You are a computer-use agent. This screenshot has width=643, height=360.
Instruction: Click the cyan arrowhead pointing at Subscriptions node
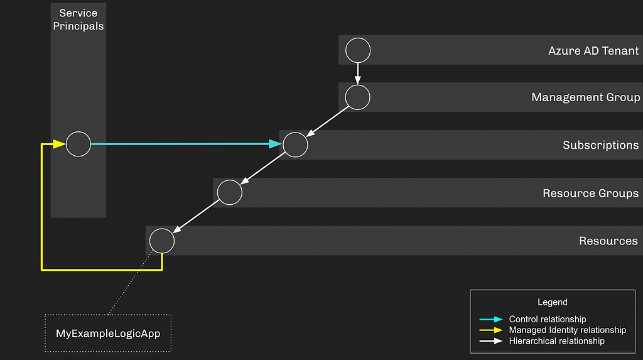276,144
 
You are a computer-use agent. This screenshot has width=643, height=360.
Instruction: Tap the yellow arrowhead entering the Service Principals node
60,144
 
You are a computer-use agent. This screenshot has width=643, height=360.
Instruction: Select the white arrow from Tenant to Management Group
357,74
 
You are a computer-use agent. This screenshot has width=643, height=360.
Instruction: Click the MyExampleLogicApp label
108,334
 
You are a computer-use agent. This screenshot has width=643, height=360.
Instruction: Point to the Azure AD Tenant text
593,50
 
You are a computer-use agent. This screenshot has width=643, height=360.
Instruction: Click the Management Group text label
586,97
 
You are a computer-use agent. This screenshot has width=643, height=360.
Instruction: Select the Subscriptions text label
601,145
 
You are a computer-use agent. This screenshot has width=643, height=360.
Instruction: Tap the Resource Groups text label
590,193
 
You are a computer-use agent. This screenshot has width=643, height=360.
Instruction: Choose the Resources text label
608,241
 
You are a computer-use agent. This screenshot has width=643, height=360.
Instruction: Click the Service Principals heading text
78,19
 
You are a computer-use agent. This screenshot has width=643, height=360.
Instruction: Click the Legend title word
553,302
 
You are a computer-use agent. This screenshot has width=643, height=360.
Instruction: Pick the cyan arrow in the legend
491,319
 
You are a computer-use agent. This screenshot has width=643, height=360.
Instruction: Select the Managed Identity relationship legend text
568,330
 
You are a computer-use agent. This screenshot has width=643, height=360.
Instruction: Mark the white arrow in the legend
491,341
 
